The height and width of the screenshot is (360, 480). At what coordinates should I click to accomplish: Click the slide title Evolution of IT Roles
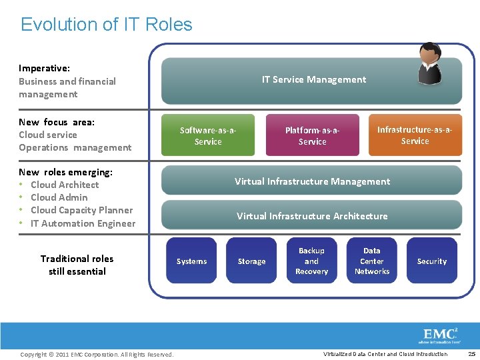107,25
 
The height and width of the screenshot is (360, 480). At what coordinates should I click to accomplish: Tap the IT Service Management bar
313,80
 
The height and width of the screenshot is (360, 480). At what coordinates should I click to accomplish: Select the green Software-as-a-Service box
208,136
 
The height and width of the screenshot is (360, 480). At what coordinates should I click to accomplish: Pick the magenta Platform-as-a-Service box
312,136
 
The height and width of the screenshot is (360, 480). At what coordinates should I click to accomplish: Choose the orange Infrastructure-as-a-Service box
415,135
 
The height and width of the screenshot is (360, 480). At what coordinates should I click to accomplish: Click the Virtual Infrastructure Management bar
312,181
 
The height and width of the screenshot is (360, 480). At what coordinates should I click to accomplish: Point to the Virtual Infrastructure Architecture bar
312,216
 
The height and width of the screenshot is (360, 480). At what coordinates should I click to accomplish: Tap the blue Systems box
191,261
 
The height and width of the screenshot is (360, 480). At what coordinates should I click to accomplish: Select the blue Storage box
251,261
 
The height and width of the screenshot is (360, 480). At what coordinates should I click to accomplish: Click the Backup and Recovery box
311,261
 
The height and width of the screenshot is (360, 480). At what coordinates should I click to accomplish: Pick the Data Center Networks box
372,261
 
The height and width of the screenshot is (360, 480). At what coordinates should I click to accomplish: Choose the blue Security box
432,261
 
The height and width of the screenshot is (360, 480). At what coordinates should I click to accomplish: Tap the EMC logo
441,335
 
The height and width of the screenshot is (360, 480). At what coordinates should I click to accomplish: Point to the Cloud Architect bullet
65,185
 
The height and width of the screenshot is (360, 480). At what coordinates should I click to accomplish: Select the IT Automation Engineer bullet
83,223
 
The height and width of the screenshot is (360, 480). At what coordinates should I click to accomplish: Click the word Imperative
44,68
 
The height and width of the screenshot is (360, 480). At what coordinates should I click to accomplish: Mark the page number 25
471,354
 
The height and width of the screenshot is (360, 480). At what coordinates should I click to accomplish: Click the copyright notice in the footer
97,354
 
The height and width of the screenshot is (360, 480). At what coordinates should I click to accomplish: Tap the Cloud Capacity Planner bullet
81,210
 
